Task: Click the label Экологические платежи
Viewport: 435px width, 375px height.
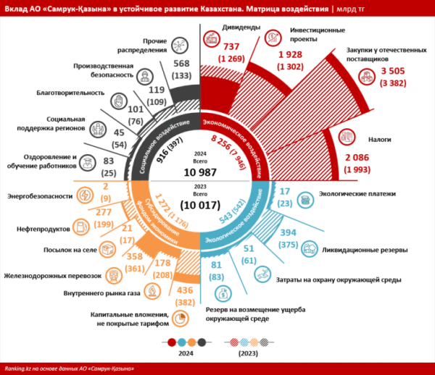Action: (x=357, y=195)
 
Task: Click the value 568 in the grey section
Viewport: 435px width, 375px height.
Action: (x=181, y=64)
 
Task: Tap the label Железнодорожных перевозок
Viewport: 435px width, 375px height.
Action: (x=52, y=275)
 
